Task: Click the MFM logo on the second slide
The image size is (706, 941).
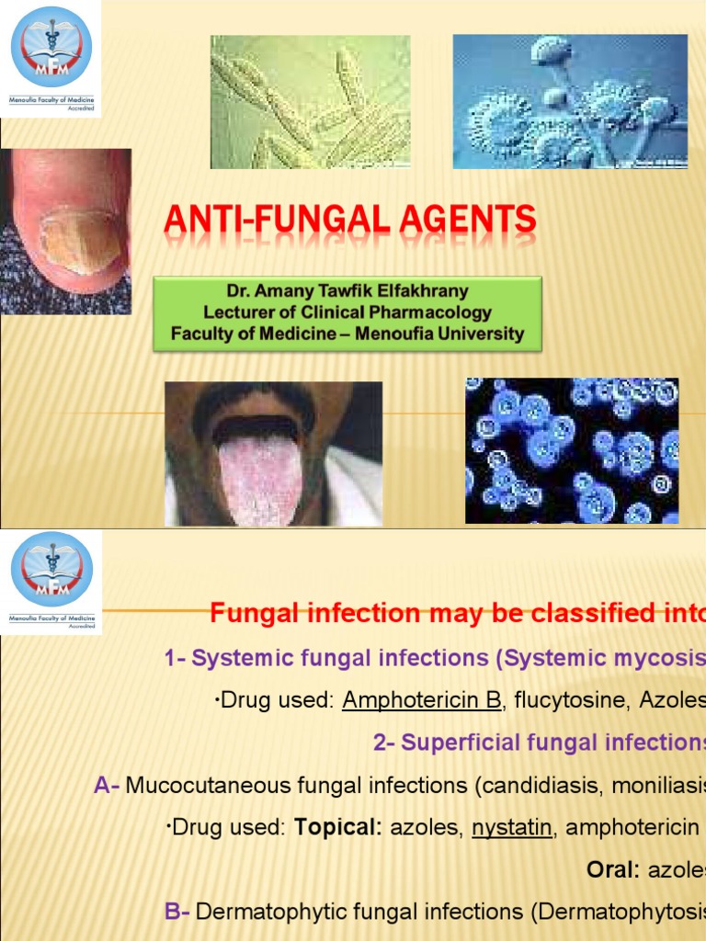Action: [x=51, y=571]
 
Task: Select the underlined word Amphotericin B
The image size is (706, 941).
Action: [x=422, y=701]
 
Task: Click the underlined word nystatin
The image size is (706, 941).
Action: [x=512, y=828]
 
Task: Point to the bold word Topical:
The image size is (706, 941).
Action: [x=337, y=828]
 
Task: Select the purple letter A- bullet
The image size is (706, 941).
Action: [x=107, y=786]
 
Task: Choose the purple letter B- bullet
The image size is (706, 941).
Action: [x=176, y=911]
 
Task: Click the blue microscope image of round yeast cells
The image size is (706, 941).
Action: [x=572, y=451]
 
